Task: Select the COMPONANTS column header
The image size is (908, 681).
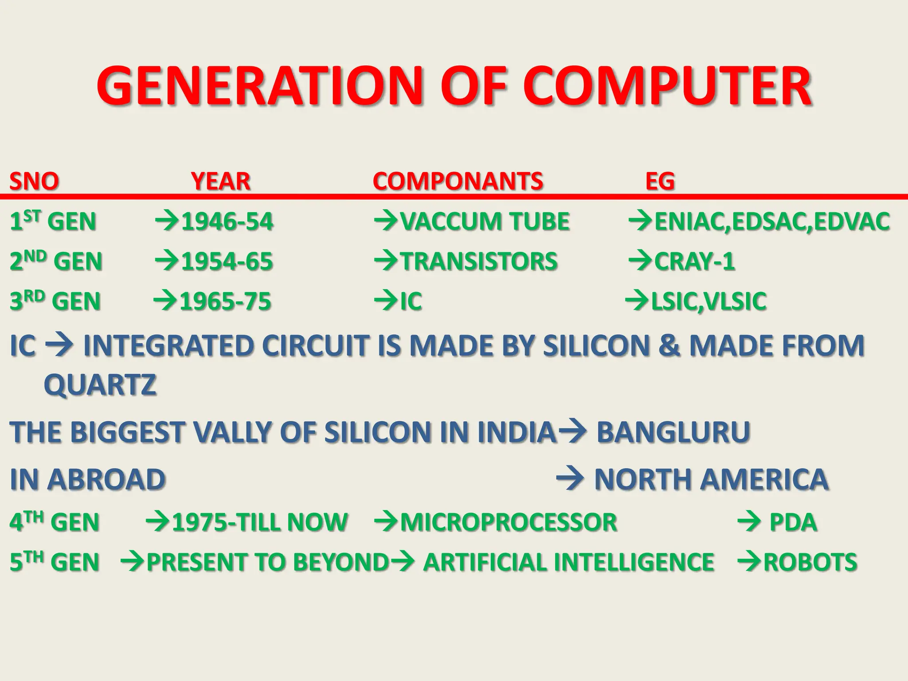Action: pyautogui.click(x=458, y=181)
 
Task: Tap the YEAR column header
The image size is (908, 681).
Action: pyautogui.click(x=220, y=181)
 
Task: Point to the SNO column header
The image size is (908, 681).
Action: pyautogui.click(x=34, y=181)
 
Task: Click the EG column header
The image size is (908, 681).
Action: pyautogui.click(x=660, y=181)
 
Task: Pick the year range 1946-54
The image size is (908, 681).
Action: pyautogui.click(x=227, y=221)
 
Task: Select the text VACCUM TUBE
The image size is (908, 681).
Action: pyautogui.click(x=485, y=221)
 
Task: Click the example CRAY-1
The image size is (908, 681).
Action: pyautogui.click(x=694, y=261)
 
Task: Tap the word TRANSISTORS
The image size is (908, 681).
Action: pyautogui.click(x=479, y=261)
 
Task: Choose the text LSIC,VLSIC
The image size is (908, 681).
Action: pyautogui.click(x=708, y=301)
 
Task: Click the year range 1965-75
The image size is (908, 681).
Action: pyautogui.click(x=225, y=301)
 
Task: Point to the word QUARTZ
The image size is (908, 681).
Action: pyautogui.click(x=100, y=384)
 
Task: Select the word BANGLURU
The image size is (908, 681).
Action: pyautogui.click(x=673, y=432)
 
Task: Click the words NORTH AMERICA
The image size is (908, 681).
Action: pyautogui.click(x=711, y=479)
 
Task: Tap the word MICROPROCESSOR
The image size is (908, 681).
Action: pyautogui.click(x=509, y=522)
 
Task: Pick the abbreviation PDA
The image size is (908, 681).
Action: pyautogui.click(x=793, y=522)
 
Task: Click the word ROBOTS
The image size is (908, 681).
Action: pyautogui.click(x=810, y=562)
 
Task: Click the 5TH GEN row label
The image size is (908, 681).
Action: pyautogui.click(x=54, y=562)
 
